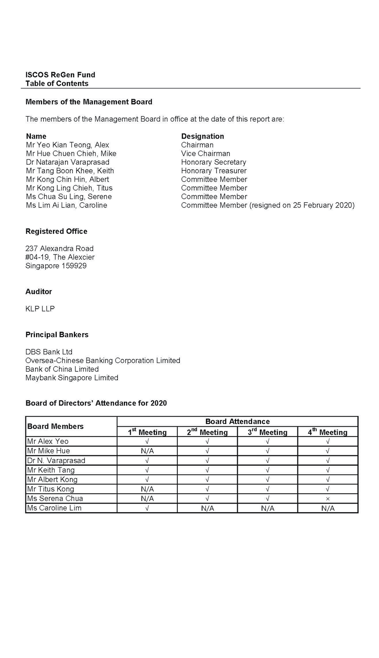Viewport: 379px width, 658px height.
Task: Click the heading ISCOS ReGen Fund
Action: click(60, 75)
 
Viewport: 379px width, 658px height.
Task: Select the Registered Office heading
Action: click(56, 231)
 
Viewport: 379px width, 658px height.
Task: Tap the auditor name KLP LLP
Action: click(40, 309)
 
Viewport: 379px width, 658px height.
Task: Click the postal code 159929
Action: click(74, 266)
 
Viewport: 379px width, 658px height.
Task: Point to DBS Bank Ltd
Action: click(49, 352)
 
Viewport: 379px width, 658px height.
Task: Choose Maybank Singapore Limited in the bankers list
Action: click(72, 378)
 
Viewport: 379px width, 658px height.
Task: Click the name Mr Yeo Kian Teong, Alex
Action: click(67, 145)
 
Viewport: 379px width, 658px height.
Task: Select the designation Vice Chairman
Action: click(206, 154)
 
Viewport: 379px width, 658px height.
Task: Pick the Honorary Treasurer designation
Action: click(214, 171)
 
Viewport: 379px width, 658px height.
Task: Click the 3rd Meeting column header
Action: click(268, 432)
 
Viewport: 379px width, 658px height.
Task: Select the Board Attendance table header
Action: click(237, 421)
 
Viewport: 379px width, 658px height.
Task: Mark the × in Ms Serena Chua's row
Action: click(328, 499)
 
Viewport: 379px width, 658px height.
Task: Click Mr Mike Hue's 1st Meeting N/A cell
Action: click(147, 451)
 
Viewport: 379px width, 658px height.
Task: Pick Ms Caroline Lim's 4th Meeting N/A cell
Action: click(328, 508)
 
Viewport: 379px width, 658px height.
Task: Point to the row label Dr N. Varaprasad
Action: click(56, 461)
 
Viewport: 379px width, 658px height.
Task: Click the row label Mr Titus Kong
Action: click(50, 489)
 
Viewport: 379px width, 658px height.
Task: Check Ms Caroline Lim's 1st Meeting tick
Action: click(147, 508)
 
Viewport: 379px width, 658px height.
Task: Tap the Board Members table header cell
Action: click(55, 426)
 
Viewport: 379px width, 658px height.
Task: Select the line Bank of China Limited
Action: click(62, 369)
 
